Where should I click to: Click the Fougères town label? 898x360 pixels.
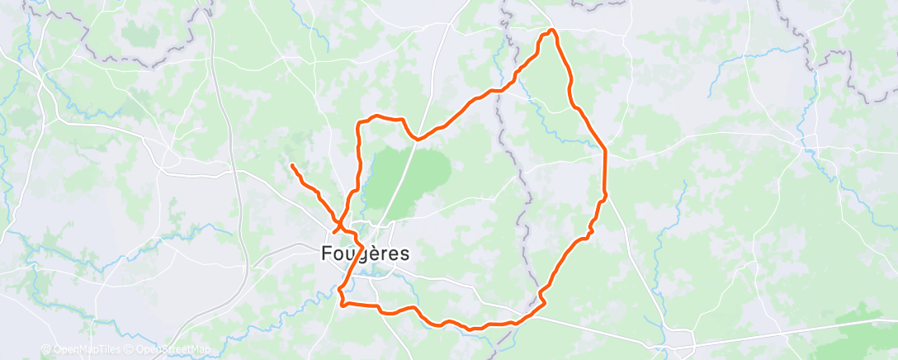tap(364, 254)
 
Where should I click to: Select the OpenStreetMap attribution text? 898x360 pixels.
tap(171, 350)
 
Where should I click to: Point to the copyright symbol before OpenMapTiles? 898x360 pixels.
tap(45, 350)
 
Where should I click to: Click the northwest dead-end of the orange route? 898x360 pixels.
tap(292, 166)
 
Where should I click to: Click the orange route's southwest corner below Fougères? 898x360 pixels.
tap(342, 304)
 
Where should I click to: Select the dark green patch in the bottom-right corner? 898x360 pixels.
tap(858, 330)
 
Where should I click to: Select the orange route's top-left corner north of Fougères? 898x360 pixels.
tap(358, 124)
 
